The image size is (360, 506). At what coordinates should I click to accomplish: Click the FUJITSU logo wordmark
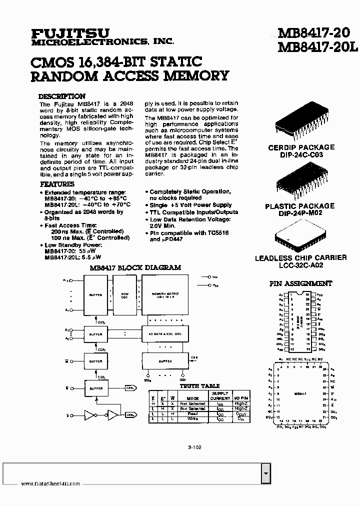point(70,33)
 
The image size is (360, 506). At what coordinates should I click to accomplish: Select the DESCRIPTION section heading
point(62,96)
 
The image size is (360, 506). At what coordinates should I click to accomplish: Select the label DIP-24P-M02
point(300,213)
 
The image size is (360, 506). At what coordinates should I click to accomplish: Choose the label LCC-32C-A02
point(300,265)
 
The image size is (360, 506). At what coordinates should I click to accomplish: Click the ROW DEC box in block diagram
point(124,295)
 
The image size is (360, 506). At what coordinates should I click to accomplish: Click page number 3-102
point(195,448)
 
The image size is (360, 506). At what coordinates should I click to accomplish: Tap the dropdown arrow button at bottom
point(266,472)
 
